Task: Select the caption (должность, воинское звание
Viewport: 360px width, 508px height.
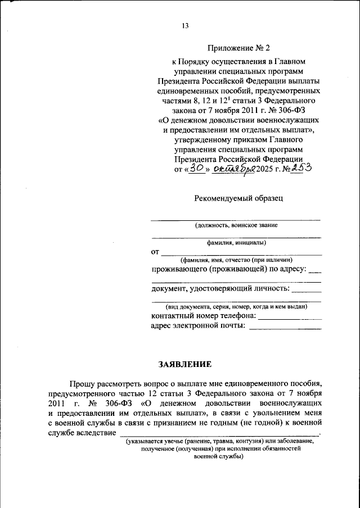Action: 236,225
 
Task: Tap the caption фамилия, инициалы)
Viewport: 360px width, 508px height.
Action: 236,243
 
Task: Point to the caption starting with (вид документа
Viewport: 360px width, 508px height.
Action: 236,307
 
